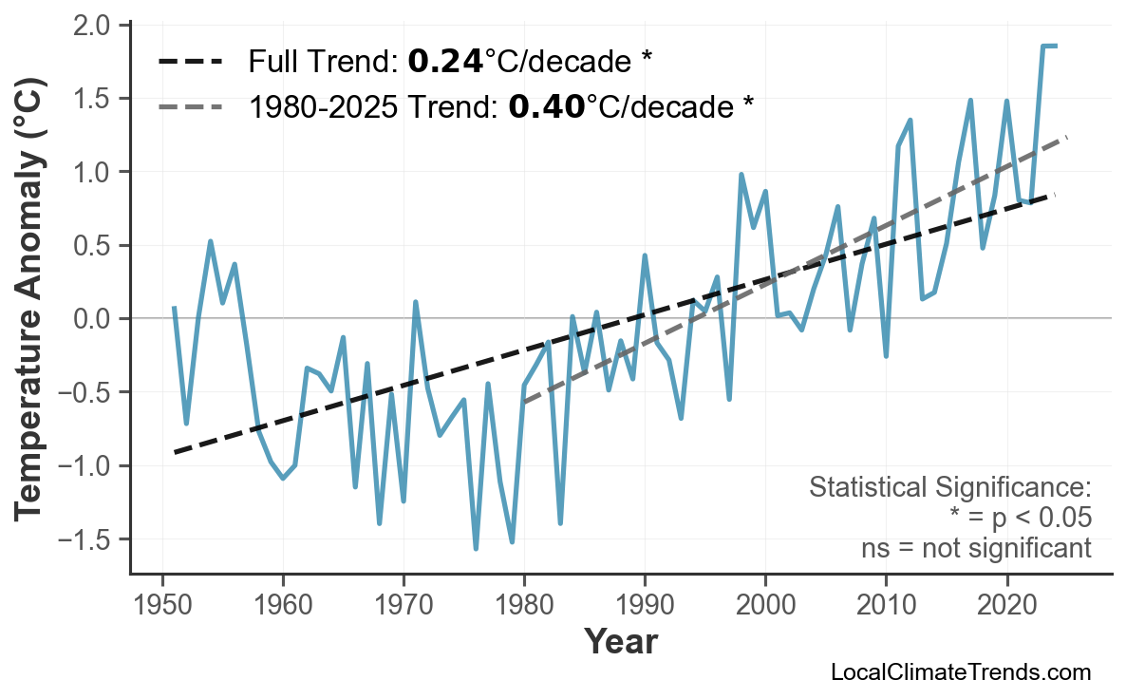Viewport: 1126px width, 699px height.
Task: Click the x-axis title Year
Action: click(620, 642)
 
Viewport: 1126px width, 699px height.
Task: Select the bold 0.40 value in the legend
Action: click(546, 106)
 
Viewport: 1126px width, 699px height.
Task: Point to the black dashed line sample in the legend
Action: click(191, 63)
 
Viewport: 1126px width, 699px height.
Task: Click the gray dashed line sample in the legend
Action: click(191, 106)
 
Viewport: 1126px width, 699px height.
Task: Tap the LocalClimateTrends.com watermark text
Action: click(960, 673)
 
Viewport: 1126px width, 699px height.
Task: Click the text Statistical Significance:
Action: click(949, 488)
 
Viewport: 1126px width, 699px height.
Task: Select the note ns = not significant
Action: click(976, 549)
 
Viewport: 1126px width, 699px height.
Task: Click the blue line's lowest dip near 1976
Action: click(476, 548)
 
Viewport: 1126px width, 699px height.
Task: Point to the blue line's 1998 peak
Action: click(741, 175)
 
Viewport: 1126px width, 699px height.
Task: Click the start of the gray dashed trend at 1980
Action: click(524, 402)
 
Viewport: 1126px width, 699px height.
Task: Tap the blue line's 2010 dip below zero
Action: click(886, 356)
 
